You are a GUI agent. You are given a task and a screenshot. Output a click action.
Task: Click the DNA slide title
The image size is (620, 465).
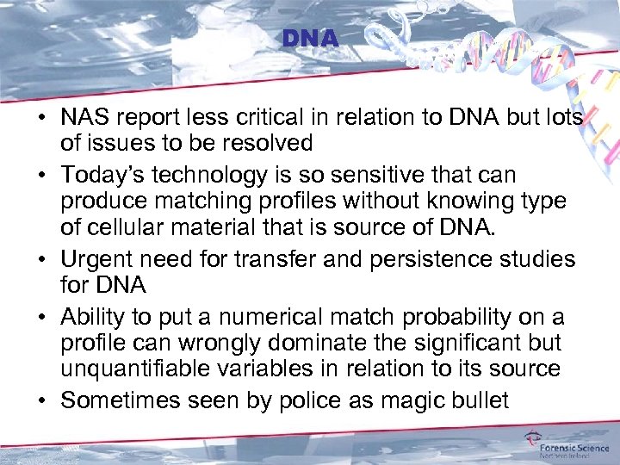point(310,40)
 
